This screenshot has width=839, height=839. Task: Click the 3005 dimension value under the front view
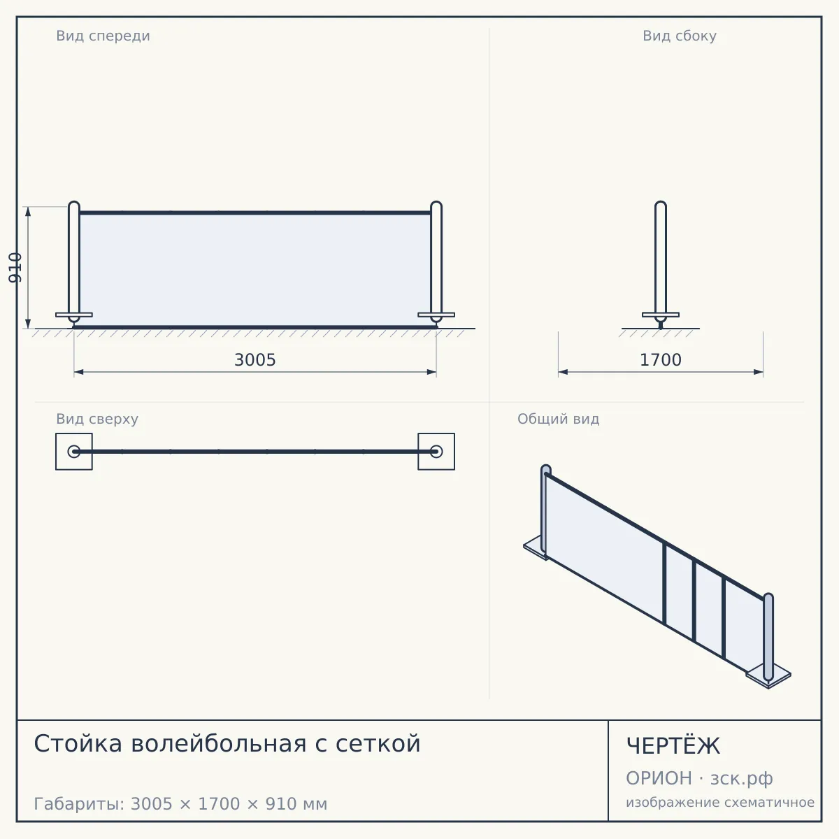(x=254, y=360)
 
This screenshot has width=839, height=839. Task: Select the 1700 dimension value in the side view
(x=660, y=360)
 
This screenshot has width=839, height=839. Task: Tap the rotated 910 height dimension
(x=15, y=267)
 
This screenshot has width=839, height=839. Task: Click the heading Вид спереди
(x=103, y=36)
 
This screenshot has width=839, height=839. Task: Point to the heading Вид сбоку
(x=679, y=36)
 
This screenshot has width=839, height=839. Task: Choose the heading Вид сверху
(x=97, y=419)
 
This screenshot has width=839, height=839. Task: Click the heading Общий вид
(x=558, y=419)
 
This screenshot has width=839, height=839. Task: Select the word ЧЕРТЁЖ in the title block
(x=673, y=746)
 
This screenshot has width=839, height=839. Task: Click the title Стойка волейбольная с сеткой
(x=227, y=743)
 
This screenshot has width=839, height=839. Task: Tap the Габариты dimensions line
(x=180, y=804)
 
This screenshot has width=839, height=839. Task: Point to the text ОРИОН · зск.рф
(x=699, y=778)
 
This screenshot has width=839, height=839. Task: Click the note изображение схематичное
(x=719, y=802)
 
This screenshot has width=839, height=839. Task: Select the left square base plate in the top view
(x=74, y=452)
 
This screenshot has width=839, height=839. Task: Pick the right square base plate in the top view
(x=436, y=452)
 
